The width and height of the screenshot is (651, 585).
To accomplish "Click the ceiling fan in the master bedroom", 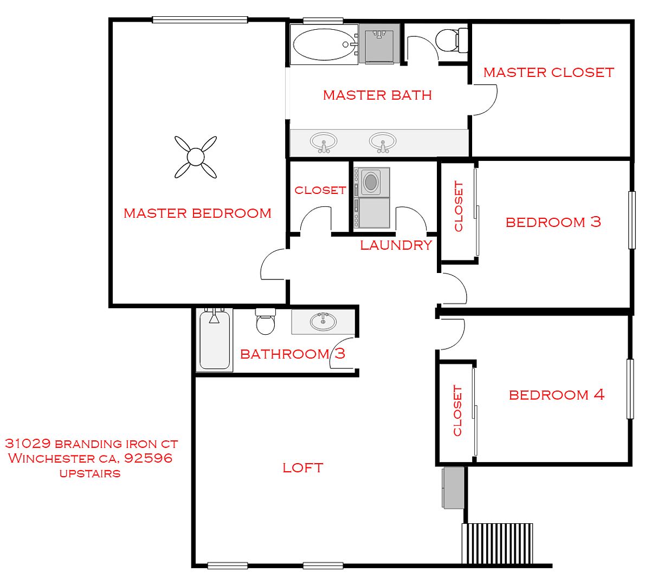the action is point(196,157).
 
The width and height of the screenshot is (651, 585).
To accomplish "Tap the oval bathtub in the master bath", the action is point(324,44).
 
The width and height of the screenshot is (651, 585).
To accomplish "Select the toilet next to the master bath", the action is point(452,40).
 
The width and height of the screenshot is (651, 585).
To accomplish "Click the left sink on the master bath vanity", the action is point(324,142).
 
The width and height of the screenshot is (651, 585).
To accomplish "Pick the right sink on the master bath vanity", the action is point(383,142).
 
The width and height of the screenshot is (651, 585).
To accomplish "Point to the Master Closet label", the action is point(549,73).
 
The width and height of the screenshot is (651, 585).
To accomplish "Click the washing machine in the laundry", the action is point(372,181).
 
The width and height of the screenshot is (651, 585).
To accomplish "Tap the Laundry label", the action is point(396,245).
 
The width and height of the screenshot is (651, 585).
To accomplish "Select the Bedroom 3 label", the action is point(553,222).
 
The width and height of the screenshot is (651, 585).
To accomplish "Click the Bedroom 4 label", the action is point(557,395).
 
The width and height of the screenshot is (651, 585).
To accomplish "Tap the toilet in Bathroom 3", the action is point(266,321).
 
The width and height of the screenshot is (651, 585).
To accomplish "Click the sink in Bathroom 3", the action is point(323,322).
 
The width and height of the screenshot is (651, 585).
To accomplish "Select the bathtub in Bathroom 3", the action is point(215,340).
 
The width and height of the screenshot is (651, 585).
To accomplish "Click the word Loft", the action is point(303,468).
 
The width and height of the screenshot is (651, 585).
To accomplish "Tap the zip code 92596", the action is point(149,458).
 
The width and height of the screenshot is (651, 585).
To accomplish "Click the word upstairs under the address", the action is point(90,473).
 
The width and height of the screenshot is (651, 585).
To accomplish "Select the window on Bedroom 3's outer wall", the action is point(631,220).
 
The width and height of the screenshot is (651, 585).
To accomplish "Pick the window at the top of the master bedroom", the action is point(200,20).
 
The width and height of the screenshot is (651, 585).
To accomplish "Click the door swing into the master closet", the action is point(485,100).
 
